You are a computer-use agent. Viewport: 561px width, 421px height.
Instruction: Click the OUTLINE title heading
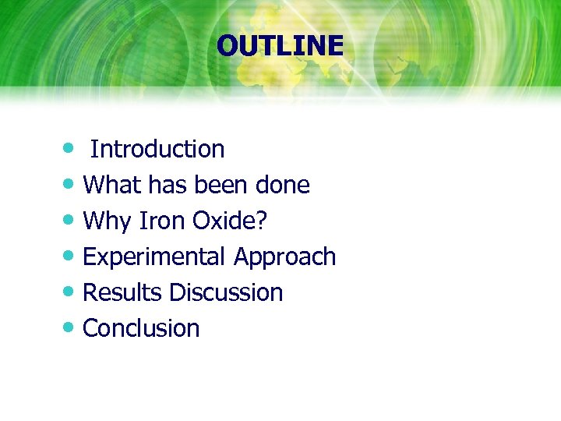pyautogui.click(x=280, y=46)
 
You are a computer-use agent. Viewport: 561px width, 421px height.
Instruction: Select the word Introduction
pyautogui.click(x=157, y=149)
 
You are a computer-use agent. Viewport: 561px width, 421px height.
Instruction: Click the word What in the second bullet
pyautogui.click(x=110, y=185)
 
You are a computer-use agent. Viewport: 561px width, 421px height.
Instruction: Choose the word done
pyautogui.click(x=283, y=185)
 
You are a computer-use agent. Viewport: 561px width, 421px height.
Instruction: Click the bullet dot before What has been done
pyautogui.click(x=70, y=184)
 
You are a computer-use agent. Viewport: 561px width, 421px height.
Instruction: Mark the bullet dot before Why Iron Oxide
pyautogui.click(x=70, y=220)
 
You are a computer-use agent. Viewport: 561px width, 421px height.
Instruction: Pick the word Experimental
pyautogui.click(x=154, y=256)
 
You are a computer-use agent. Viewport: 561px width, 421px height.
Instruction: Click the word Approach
pyautogui.click(x=284, y=257)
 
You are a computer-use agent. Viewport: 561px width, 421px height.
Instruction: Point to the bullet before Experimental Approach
pyautogui.click(x=70, y=256)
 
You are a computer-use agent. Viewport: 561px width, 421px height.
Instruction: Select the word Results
pyautogui.click(x=122, y=292)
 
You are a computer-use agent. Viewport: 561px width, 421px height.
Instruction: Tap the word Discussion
pyautogui.click(x=226, y=292)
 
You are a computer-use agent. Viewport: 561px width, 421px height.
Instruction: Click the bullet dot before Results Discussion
pyautogui.click(x=70, y=292)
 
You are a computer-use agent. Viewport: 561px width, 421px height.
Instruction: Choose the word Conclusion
pyautogui.click(x=141, y=328)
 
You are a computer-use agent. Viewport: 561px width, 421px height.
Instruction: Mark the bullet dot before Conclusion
pyautogui.click(x=70, y=327)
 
